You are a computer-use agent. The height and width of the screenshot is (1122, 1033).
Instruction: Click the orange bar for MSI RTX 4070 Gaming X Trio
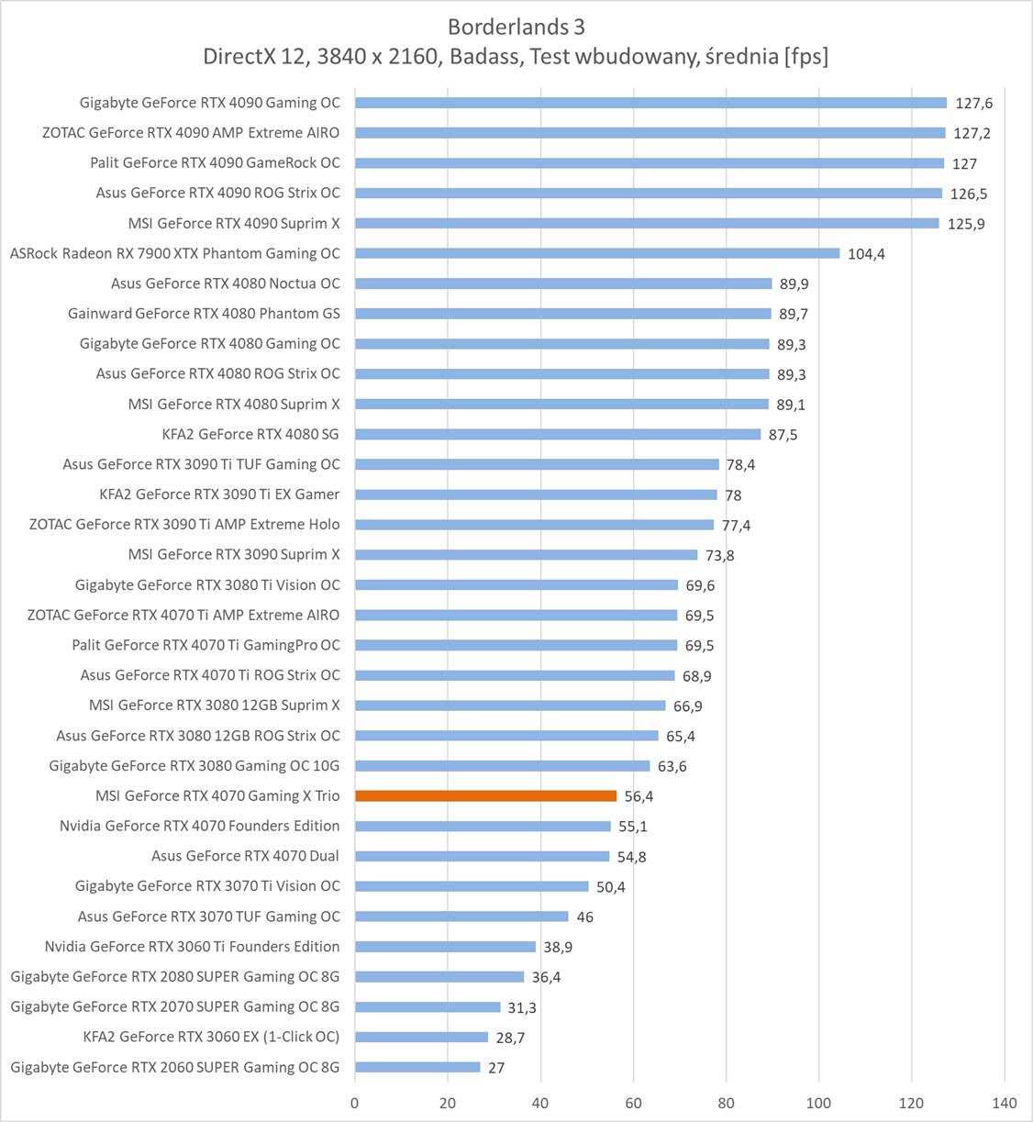tap(485, 795)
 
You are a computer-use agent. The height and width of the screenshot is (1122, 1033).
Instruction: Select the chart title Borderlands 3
tap(516, 27)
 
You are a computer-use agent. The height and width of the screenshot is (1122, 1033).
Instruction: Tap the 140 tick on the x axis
tap(1005, 1103)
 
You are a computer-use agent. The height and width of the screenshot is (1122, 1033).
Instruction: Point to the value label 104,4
tap(866, 254)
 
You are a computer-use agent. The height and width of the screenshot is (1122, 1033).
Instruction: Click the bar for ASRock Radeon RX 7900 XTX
tap(597, 253)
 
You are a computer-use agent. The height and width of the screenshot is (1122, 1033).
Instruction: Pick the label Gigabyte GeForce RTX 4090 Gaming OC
tap(209, 103)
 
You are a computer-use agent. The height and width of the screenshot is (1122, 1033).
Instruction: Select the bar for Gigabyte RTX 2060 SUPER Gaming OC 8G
tap(417, 1067)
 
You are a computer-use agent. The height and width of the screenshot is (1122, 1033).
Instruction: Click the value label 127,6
tap(972, 104)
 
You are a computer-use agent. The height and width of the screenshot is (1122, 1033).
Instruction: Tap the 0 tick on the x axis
tap(355, 1103)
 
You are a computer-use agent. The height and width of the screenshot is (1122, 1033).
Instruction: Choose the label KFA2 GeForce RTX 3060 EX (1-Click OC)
tap(211, 1037)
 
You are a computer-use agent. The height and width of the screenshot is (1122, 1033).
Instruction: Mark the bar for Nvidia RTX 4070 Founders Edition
tap(483, 826)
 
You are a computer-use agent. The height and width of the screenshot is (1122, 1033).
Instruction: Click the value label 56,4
tap(639, 796)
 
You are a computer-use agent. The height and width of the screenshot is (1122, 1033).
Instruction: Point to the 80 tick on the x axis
tap(726, 1103)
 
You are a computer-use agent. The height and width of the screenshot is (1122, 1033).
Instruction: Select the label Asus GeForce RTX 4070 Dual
tap(245, 856)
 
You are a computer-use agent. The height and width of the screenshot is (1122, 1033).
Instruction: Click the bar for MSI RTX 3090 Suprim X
tap(526, 554)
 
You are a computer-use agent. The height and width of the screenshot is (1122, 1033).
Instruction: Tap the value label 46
tap(584, 916)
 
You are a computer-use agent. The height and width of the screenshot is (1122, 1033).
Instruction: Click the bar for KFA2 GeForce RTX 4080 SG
tap(558, 434)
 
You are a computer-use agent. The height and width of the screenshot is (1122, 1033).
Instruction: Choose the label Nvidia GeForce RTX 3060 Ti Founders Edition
tap(192, 946)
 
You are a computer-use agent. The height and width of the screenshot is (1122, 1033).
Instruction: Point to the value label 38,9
tap(557, 947)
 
